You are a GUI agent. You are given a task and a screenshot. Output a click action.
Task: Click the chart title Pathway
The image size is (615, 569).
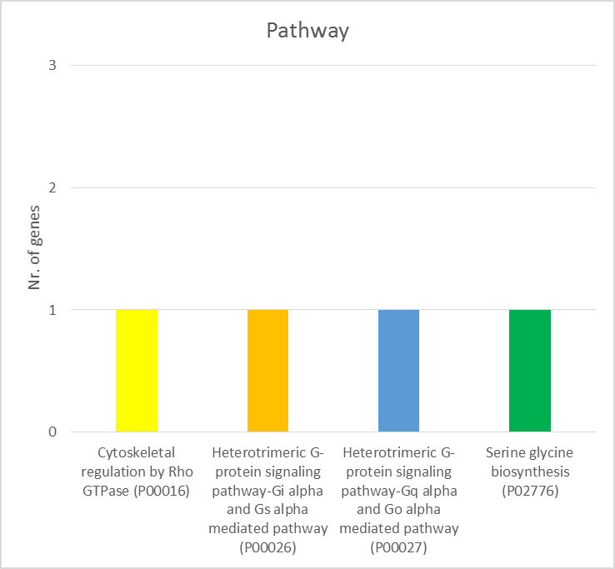307,32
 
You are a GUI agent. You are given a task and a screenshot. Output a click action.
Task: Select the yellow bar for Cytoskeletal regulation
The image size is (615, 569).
137,371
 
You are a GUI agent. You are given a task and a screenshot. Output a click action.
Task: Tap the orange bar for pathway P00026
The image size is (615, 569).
267,371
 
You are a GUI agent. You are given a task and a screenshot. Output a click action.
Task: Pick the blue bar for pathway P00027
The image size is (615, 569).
398,371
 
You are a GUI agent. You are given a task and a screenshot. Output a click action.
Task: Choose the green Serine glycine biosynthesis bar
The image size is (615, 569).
530,371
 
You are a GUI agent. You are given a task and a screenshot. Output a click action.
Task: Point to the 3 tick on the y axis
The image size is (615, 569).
52,65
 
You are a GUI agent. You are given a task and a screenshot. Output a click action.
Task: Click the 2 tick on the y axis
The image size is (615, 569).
52,187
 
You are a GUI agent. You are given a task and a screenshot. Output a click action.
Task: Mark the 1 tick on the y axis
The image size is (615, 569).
52,310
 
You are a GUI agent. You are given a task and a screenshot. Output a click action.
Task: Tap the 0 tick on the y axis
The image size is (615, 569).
52,432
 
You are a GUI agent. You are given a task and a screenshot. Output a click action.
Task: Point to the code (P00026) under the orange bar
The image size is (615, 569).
268,547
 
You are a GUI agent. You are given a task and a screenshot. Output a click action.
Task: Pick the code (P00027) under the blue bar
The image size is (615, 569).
399,547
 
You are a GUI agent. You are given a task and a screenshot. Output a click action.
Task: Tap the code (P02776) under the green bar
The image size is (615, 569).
530,491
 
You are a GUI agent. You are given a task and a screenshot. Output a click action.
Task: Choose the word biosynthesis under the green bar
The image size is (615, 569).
530,472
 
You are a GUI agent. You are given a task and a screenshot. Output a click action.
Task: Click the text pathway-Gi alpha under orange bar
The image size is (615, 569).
269,491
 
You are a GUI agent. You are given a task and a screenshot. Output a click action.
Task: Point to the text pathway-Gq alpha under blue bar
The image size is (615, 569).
400,491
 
